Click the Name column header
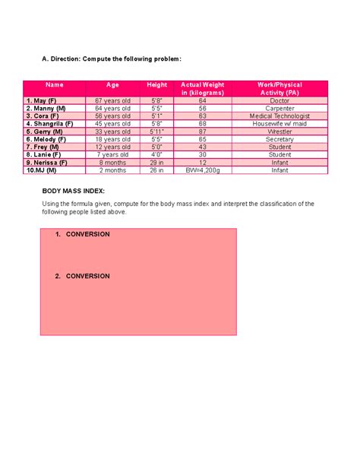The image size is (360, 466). click(x=54, y=85)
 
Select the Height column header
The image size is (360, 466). click(x=156, y=85)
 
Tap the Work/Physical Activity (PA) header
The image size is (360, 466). click(x=279, y=88)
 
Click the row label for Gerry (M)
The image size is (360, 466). click(x=46, y=132)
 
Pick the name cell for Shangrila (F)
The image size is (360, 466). click(x=49, y=124)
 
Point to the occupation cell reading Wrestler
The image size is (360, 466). click(x=279, y=132)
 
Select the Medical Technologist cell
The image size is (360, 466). click(x=279, y=116)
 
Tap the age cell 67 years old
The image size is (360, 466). click(x=112, y=100)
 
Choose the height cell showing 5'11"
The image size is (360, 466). click(x=156, y=132)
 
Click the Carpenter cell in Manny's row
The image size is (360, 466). click(x=279, y=108)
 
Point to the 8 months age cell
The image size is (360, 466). click(x=112, y=163)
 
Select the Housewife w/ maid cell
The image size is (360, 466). click(x=279, y=124)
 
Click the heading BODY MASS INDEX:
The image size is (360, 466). click(x=73, y=192)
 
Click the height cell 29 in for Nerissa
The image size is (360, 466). click(x=156, y=163)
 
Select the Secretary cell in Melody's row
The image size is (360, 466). click(x=279, y=139)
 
